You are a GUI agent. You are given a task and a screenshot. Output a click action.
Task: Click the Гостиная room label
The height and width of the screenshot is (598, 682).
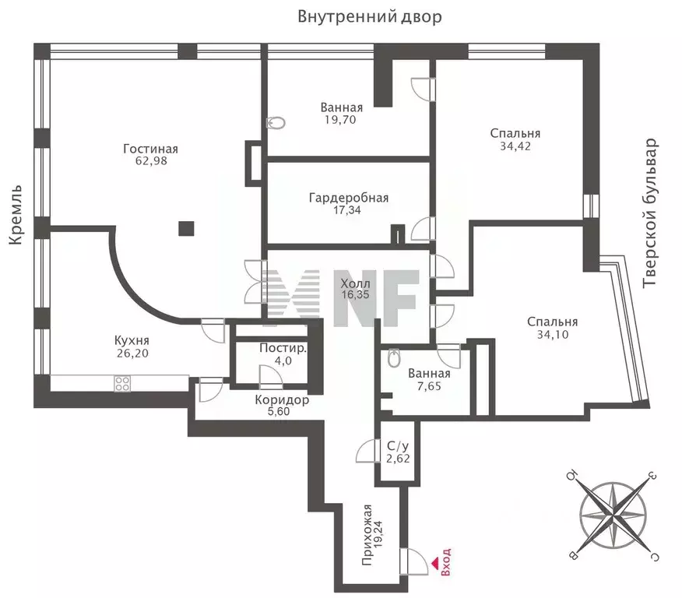(x=150, y=149)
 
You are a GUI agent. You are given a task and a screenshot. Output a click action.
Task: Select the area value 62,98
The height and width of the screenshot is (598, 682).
(x=151, y=161)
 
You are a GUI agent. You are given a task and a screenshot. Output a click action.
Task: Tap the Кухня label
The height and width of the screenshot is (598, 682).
(x=132, y=340)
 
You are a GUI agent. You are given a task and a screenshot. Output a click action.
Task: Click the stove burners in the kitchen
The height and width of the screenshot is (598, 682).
(x=122, y=384)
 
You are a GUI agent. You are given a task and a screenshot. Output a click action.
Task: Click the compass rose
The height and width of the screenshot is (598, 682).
(x=612, y=514)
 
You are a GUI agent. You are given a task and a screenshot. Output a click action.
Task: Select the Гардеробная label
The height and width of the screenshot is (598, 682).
(x=348, y=199)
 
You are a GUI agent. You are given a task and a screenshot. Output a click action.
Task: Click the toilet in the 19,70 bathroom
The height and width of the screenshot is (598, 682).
(x=276, y=124)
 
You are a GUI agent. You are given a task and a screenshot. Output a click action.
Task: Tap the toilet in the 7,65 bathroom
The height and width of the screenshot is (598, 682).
(x=394, y=357)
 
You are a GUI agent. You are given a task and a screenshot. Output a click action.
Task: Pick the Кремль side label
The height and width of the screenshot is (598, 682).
(x=16, y=215)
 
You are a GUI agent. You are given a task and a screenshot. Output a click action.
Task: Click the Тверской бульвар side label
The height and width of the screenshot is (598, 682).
(x=650, y=213)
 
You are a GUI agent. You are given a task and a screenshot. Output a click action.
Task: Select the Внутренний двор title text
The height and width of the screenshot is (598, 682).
(x=369, y=16)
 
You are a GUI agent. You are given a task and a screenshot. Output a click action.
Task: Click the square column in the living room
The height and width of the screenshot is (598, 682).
(x=186, y=228)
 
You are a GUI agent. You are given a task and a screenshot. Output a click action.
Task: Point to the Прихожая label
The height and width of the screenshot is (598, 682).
(x=367, y=535)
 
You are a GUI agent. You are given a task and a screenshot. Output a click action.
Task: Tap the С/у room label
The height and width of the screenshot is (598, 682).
(x=398, y=446)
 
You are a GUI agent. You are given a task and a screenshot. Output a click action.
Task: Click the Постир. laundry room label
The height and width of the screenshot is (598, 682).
(x=283, y=348)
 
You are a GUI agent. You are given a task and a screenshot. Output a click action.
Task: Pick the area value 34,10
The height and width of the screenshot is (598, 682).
(x=553, y=335)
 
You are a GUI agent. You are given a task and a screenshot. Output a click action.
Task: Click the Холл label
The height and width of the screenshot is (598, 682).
(x=355, y=283)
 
